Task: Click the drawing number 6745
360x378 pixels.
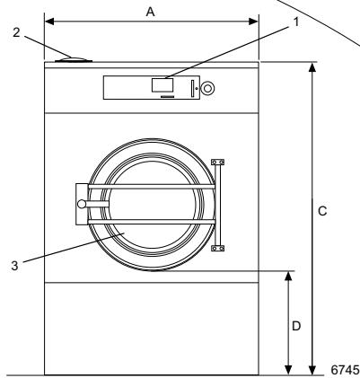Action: [343, 368]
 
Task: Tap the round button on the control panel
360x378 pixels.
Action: [208, 88]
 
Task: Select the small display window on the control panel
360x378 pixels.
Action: [162, 85]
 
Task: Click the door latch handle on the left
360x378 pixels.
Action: [83, 203]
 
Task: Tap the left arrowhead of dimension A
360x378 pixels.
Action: [48, 18]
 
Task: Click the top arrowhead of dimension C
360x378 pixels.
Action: [312, 66]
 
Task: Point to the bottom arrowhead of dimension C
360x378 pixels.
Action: [312, 370]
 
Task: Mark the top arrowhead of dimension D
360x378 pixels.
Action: [288, 273]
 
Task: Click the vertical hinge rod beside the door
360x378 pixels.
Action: [216, 205]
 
